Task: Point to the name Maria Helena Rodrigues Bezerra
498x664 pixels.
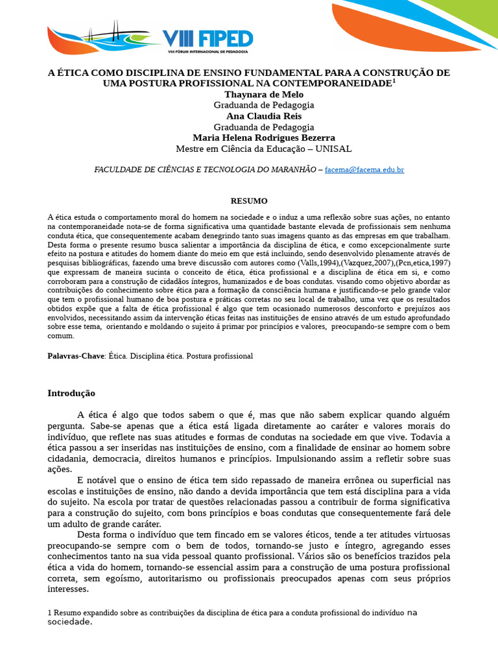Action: [x=264, y=137]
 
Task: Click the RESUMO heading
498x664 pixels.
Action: [x=249, y=201]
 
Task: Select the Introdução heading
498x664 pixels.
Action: [x=71, y=393]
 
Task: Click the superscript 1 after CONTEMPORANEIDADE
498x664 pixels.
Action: [x=394, y=80]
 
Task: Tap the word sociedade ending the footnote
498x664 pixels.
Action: [x=70, y=622]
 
